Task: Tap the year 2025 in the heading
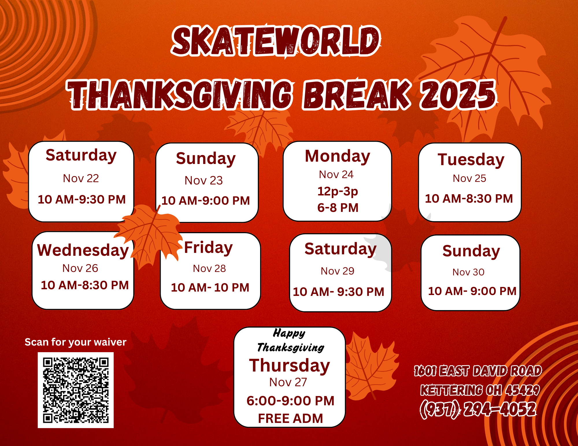tap(458, 95)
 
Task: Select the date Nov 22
tap(81, 178)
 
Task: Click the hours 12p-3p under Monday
tap(338, 191)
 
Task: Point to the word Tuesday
tap(471, 160)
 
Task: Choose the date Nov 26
tap(80, 268)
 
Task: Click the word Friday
tap(208, 248)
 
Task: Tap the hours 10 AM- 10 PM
tap(210, 288)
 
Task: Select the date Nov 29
tap(338, 271)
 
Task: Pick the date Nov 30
tap(468, 272)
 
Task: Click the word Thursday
tap(290, 365)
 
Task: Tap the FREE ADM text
tap(290, 419)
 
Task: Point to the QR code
tap(76, 390)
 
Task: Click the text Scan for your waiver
tap(75, 342)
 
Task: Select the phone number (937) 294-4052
tap(478, 409)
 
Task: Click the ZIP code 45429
tap(523, 390)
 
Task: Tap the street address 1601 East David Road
tap(478, 371)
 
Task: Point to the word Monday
tap(338, 156)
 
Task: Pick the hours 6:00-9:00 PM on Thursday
tap(290, 401)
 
